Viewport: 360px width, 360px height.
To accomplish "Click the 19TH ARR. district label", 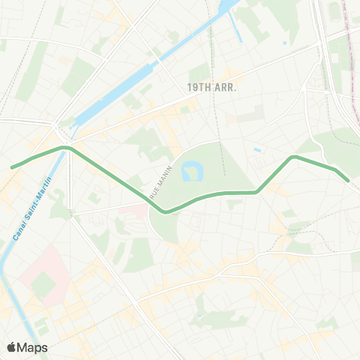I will coord(212,87).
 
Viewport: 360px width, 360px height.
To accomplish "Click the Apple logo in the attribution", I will coord(12,347).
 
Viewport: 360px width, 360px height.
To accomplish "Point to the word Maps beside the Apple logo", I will coord(33,347).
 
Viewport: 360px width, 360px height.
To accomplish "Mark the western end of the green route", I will coord(12,166).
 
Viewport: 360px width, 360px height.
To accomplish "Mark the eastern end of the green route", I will coord(347,180).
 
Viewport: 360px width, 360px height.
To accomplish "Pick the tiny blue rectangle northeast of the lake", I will coord(257,149).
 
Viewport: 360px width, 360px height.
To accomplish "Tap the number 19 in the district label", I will coord(193,87).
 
